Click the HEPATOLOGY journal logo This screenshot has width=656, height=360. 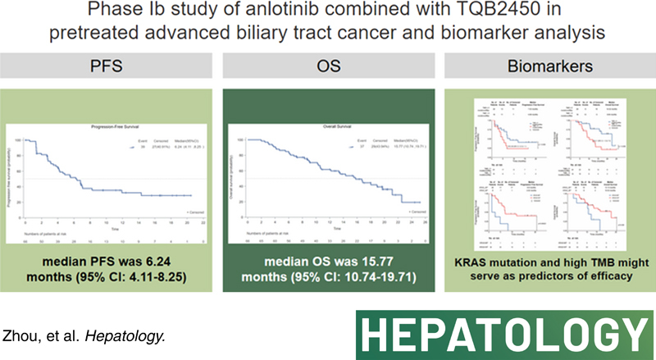(x=501, y=334)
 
